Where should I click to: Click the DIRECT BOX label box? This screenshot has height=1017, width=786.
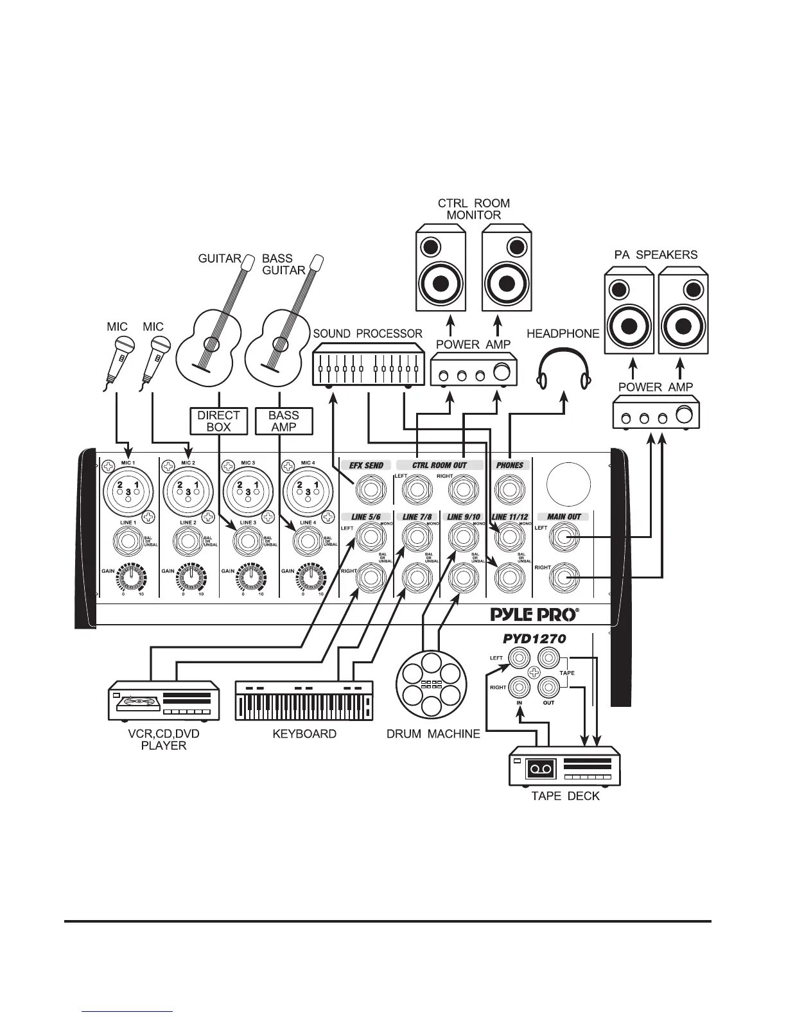pos(218,421)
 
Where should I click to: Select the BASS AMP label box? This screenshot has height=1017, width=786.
pos(284,421)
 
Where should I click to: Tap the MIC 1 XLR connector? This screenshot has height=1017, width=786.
pos(128,492)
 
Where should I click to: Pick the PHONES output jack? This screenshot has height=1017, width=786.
pos(509,491)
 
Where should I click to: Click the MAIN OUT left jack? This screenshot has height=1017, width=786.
pos(563,538)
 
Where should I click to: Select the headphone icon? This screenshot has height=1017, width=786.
pos(563,369)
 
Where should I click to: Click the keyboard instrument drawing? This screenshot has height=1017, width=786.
pos(304,700)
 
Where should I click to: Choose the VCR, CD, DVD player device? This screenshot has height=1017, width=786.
pos(163,702)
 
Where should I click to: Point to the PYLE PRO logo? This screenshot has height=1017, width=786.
pos(534,614)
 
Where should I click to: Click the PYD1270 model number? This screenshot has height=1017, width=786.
pos(534,639)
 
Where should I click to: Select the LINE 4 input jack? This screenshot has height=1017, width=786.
pos(308,542)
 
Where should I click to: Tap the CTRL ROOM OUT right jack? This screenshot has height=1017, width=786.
pos(462,491)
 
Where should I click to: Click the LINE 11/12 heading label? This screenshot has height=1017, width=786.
pos(509,516)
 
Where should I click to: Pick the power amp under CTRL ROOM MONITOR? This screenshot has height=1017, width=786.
pos(473,372)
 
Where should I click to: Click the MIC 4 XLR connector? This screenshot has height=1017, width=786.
pos(308,492)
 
